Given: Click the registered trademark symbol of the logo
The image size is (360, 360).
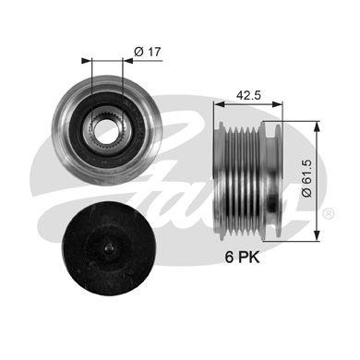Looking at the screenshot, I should (x=329, y=213).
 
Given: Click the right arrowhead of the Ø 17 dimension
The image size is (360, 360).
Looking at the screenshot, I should (x=117, y=63).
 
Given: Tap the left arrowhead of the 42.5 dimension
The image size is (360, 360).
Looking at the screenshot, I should (x=218, y=105).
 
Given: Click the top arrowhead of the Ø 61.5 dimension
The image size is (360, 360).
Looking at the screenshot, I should (x=317, y=123).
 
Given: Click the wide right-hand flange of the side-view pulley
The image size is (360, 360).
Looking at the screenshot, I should (x=280, y=174).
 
